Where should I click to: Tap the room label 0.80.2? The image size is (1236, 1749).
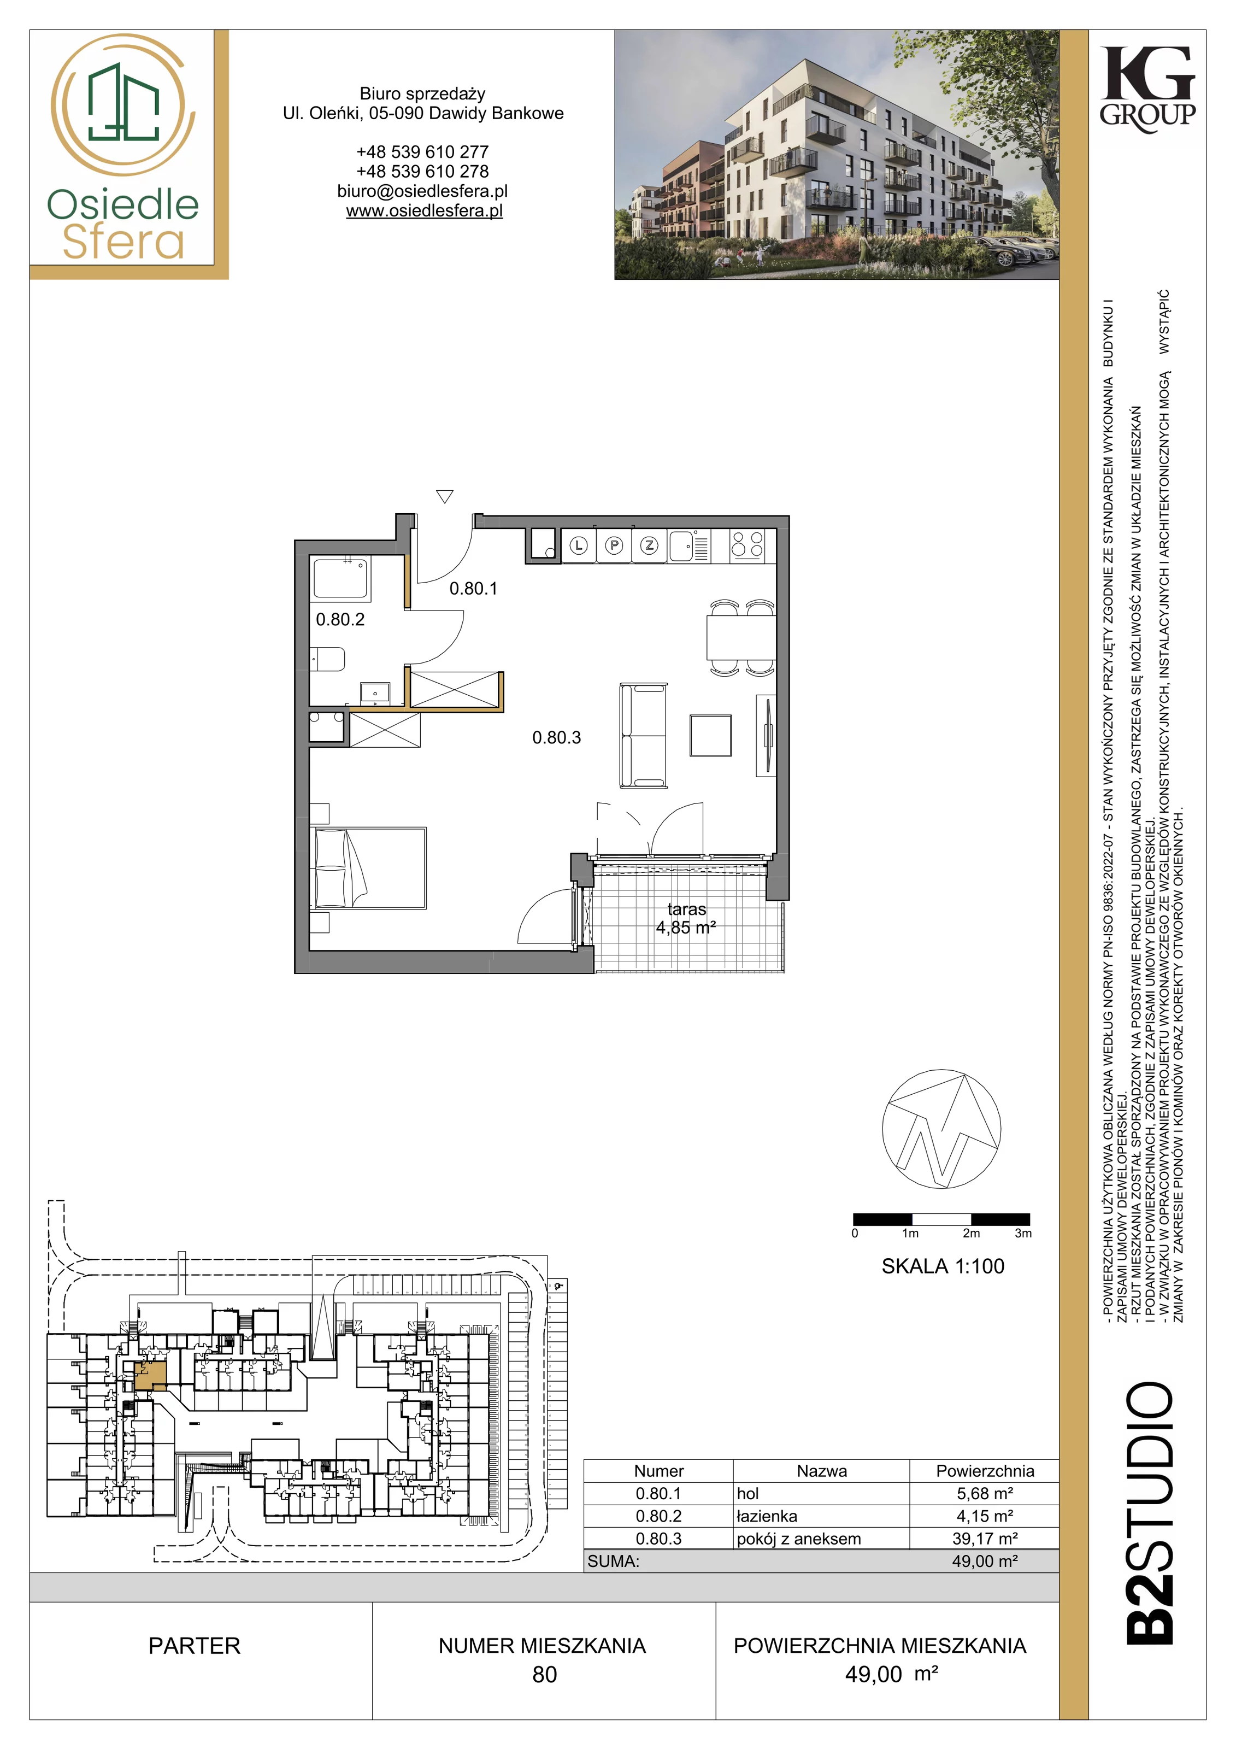click(x=340, y=619)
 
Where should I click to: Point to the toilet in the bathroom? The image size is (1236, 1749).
click(x=328, y=659)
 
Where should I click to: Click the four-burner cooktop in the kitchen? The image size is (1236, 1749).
click(x=747, y=545)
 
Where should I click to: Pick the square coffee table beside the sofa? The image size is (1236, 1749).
click(x=710, y=735)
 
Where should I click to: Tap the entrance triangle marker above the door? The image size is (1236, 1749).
click(x=445, y=497)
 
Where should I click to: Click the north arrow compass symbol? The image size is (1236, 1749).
click(x=941, y=1128)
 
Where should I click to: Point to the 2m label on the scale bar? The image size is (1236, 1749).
click(x=971, y=1233)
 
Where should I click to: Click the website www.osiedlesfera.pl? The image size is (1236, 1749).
click(x=424, y=211)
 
